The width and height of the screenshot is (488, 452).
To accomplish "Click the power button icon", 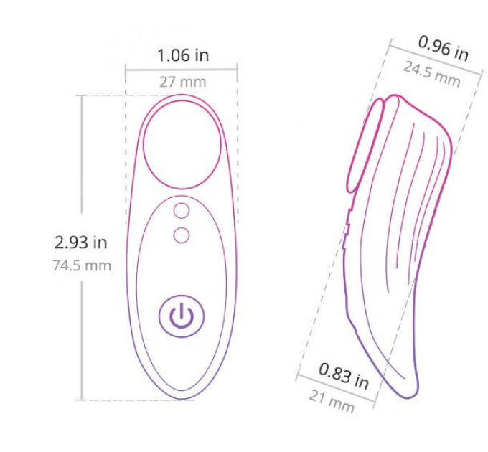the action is (182, 316).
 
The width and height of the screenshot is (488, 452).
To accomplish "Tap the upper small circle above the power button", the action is (182, 211).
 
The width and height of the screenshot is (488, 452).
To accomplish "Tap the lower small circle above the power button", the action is (182, 235).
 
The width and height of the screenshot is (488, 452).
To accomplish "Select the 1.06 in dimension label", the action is (183, 55).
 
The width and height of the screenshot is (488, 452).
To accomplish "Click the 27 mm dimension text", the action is (183, 82).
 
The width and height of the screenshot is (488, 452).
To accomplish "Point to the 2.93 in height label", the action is (80, 243).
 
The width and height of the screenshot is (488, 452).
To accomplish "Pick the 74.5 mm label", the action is (82, 265).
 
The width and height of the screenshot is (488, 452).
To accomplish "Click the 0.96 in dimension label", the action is (444, 49).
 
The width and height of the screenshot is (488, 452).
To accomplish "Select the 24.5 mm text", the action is (432, 75).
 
